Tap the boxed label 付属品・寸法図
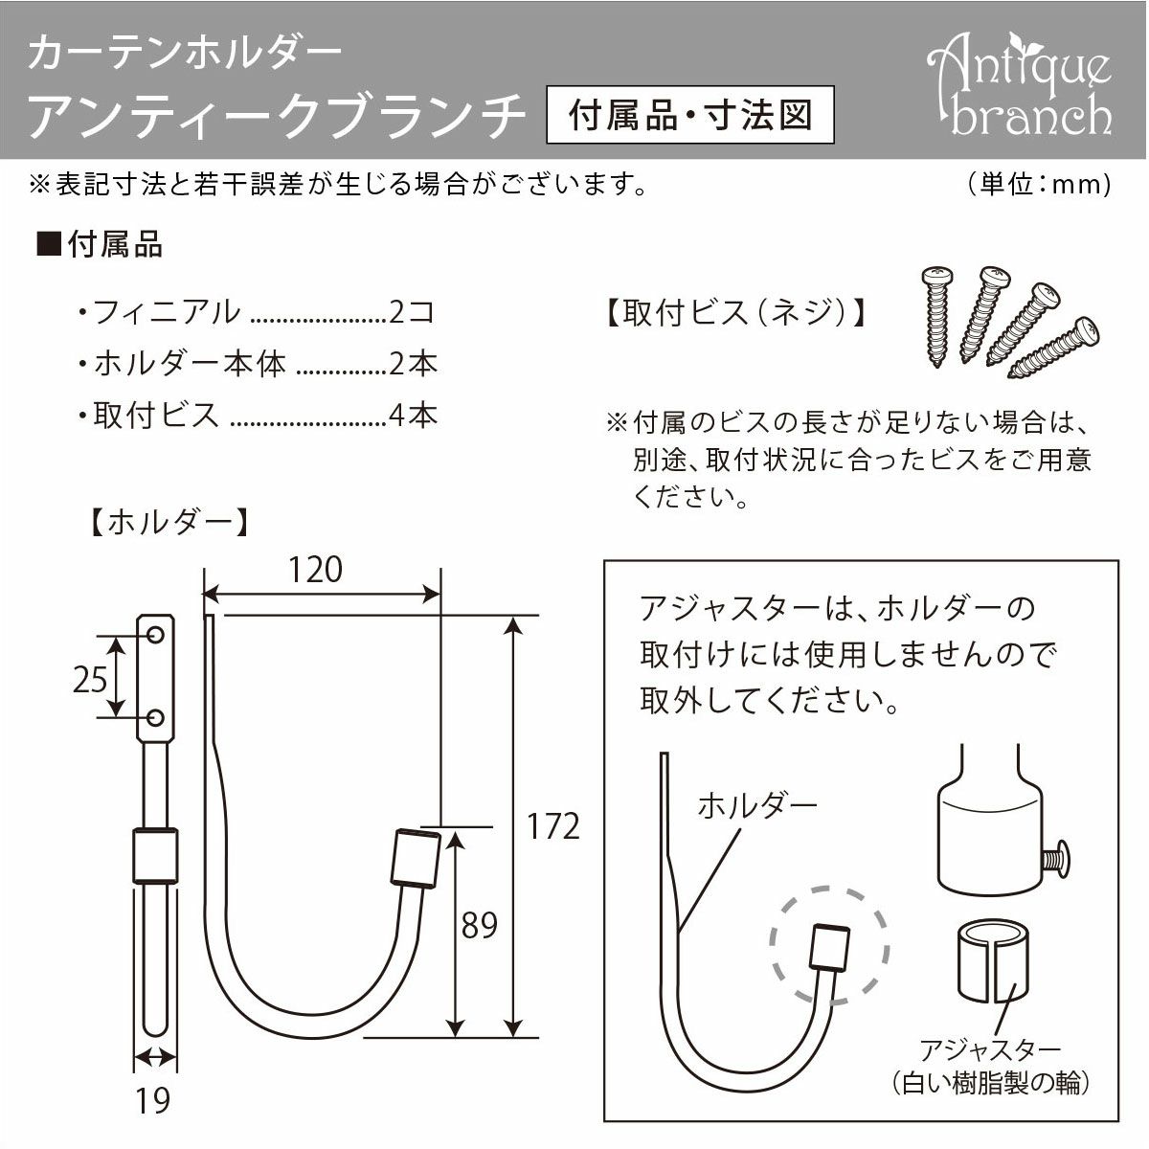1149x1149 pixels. [689, 116]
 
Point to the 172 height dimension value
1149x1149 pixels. [554, 825]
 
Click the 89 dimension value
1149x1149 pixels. [479, 926]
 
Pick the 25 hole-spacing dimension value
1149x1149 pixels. [90, 679]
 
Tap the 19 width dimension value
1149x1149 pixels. [153, 1101]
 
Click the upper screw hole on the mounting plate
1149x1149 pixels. [156, 633]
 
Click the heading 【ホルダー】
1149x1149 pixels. [169, 523]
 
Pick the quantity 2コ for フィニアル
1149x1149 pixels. [414, 311]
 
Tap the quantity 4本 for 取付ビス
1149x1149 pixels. [414, 415]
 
